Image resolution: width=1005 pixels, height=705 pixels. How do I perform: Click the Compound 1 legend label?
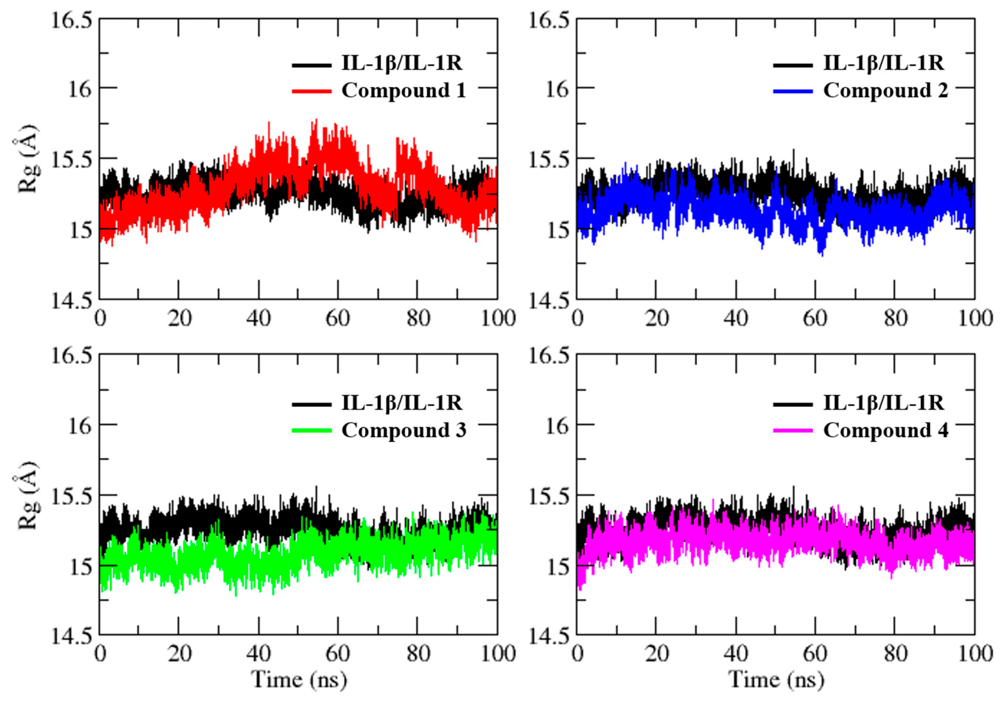403,91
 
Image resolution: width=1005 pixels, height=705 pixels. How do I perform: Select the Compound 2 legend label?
885,91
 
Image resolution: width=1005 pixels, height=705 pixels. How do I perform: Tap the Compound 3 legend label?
403,430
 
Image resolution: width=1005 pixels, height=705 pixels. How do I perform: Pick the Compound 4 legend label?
885,430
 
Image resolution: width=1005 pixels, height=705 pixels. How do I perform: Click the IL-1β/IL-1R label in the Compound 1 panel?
401,63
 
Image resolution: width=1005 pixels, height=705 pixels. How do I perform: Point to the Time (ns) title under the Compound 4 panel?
776,680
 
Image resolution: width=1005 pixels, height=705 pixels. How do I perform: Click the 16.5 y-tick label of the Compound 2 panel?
550,21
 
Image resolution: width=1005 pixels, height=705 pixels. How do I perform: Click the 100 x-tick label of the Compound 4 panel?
975,654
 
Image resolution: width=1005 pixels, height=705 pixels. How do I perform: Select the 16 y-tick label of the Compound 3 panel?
80,425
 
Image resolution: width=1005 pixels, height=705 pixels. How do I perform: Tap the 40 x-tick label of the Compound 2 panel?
736,319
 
